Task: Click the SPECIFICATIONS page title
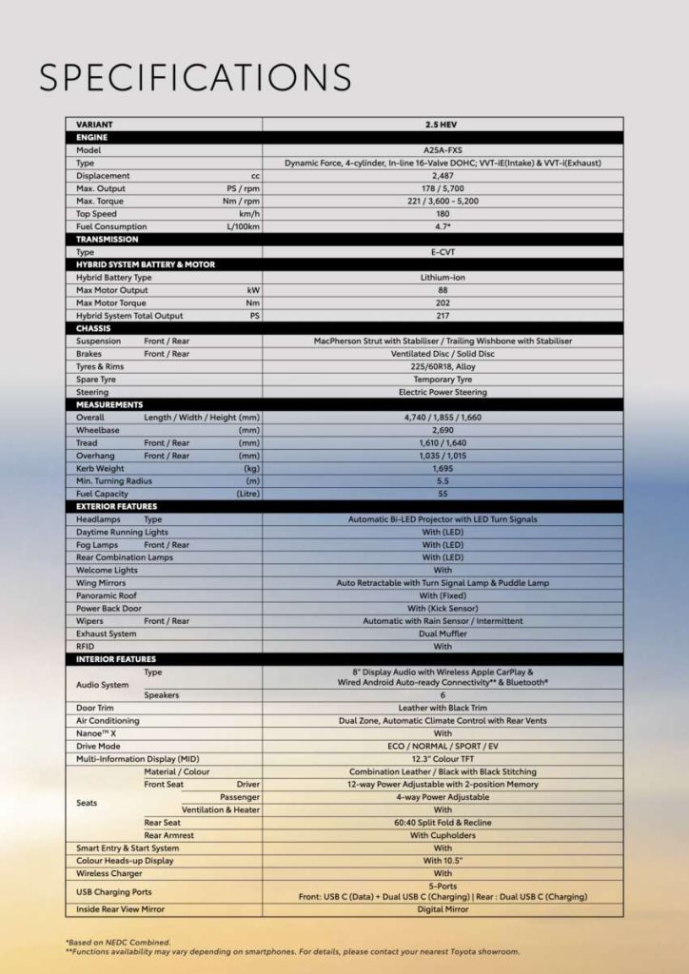[195, 78]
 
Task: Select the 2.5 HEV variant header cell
[443, 125]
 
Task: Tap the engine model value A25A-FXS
[443, 150]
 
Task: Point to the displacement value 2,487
[443, 176]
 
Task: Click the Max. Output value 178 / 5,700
[443, 188]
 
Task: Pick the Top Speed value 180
[443, 214]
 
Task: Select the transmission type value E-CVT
[443, 252]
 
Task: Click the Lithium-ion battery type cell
[443, 278]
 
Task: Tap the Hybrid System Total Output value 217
[443, 316]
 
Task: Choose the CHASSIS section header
[94, 328]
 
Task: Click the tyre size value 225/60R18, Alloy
[443, 366]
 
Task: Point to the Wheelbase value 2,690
[443, 430]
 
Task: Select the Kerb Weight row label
[100, 468]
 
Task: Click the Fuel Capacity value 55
[443, 494]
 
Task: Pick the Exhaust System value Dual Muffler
[443, 633]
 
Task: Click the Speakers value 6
[443, 695]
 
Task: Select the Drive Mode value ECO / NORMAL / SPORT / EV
[443, 746]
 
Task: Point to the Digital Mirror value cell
[443, 909]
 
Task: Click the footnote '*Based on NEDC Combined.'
[118, 943]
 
